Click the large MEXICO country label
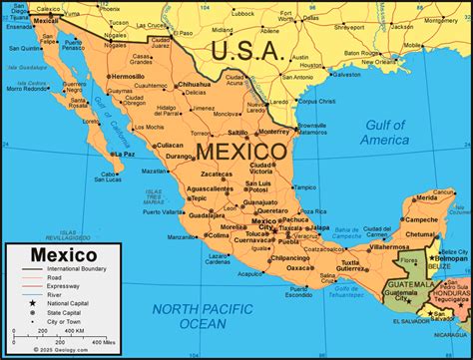(x=242, y=152)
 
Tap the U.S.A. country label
(x=250, y=49)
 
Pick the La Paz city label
(x=123, y=155)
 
